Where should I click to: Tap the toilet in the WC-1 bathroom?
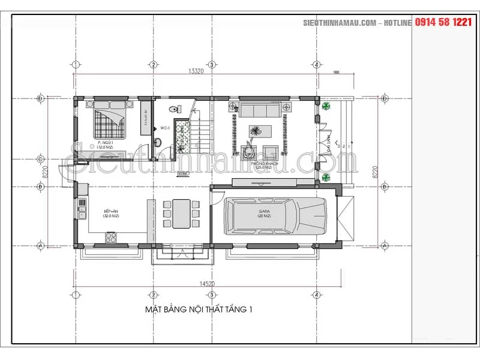tap(173, 109)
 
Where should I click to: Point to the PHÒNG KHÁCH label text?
tap(259, 163)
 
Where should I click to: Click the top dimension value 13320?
tap(194, 71)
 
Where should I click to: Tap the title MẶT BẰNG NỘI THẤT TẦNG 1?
tap(199, 310)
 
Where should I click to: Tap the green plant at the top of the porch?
tap(325, 106)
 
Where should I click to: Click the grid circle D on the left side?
tap(41, 98)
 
